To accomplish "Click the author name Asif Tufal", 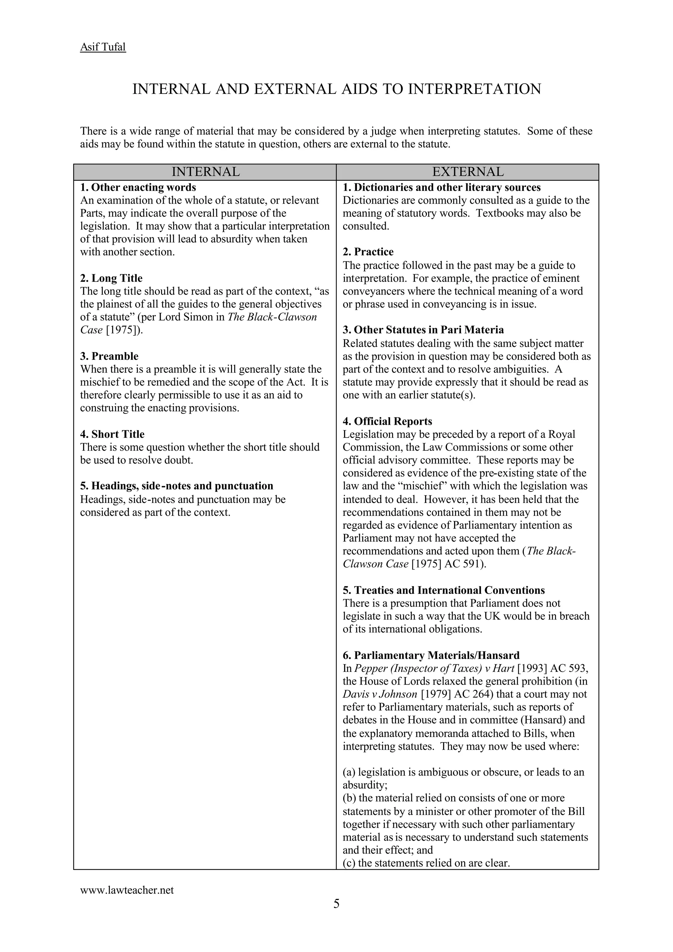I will pos(103,47).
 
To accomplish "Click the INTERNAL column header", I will pos(205,172).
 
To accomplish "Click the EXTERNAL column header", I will pos(467,172).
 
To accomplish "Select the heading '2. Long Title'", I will pos(111,278).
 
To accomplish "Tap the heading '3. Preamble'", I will pos(109,356).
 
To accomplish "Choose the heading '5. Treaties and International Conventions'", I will pos(443,590).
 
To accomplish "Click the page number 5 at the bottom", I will pos(336,903).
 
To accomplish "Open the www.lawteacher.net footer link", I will pos(127,890).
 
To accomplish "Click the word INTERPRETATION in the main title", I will pos(475,89).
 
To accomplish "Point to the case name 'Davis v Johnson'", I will pos(380,694).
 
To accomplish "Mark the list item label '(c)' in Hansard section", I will pos(349,863).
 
